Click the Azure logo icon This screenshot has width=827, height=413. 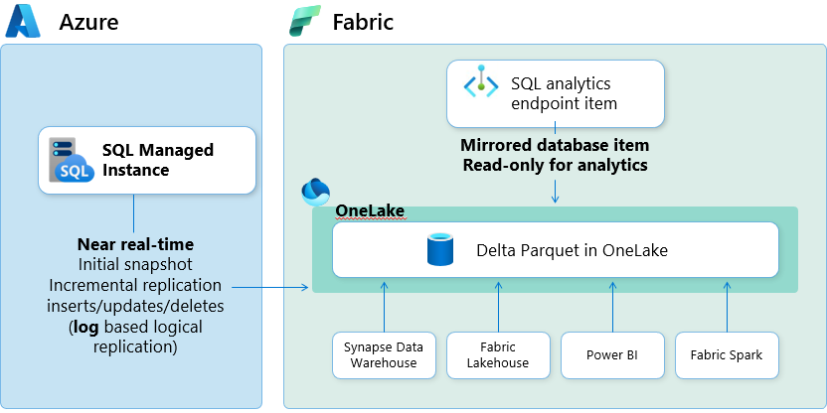[23, 22]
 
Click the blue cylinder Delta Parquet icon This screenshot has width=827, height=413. [439, 250]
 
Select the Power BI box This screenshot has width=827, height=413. [611, 354]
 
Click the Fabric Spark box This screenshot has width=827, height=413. [727, 354]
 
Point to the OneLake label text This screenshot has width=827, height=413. [368, 210]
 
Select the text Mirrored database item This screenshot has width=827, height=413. [555, 145]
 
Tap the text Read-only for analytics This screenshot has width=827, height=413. [555, 165]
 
